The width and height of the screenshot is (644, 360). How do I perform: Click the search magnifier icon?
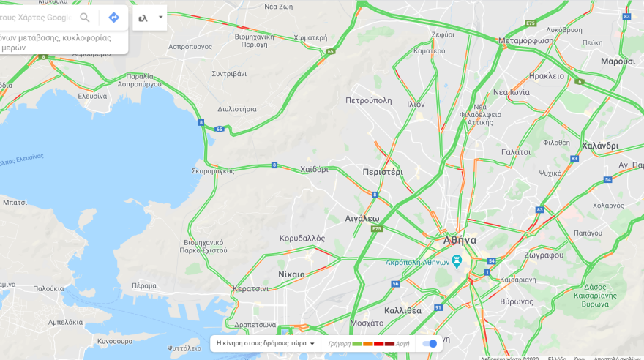click(x=85, y=18)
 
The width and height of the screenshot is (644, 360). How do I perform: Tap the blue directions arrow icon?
click(x=113, y=18)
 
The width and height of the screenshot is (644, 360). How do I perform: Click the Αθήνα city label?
click(x=460, y=240)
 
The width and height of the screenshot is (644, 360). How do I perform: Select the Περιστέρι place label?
click(x=383, y=172)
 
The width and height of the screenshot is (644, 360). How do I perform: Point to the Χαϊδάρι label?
click(x=314, y=169)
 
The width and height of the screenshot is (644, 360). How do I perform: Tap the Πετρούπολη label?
click(x=368, y=100)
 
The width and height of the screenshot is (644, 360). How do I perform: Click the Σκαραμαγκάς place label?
click(x=213, y=170)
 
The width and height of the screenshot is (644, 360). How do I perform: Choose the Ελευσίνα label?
click(x=93, y=96)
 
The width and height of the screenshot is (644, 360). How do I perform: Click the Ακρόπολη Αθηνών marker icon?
click(x=457, y=260)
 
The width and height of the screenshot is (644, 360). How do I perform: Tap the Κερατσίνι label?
click(x=250, y=288)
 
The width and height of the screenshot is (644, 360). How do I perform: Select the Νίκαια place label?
click(x=291, y=274)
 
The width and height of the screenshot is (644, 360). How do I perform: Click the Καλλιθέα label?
click(x=402, y=310)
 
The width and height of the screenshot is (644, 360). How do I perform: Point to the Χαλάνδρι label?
click(x=600, y=146)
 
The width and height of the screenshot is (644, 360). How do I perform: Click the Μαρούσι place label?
click(x=618, y=61)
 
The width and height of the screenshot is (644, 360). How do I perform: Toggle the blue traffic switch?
click(x=430, y=343)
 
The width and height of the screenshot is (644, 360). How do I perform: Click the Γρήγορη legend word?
click(x=339, y=344)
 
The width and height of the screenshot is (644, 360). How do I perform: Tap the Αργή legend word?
click(x=402, y=344)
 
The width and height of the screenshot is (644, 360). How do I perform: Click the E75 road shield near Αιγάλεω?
click(x=376, y=229)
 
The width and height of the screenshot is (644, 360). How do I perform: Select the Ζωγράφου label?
click(x=544, y=255)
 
